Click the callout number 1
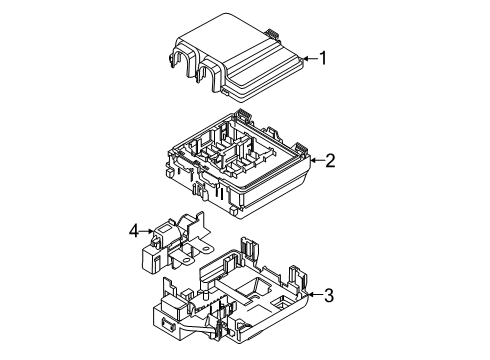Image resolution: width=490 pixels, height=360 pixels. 322,58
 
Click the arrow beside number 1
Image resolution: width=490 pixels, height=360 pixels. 308,58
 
